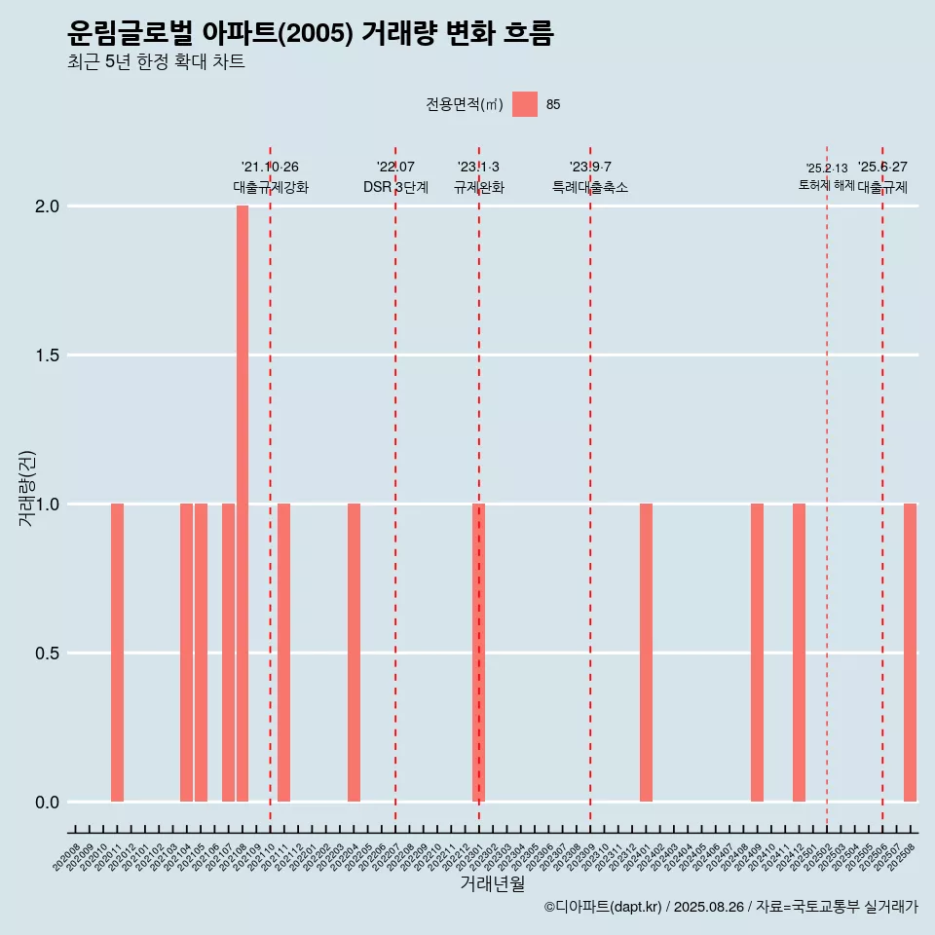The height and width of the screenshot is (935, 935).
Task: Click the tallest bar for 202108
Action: click(x=243, y=504)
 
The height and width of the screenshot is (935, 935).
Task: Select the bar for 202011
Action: click(x=117, y=653)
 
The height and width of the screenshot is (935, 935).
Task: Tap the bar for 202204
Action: click(x=354, y=653)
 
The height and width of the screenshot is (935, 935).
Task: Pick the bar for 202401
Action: click(x=646, y=653)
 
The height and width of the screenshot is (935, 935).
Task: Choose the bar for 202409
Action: click(x=757, y=653)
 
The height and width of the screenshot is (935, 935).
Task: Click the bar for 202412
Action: click(x=799, y=653)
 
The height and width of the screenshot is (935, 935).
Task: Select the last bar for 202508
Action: click(x=910, y=653)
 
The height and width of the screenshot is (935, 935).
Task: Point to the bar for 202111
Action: click(x=284, y=653)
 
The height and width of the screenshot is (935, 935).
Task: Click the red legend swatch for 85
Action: click(x=525, y=104)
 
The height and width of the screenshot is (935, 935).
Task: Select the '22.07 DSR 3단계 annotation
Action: click(x=395, y=177)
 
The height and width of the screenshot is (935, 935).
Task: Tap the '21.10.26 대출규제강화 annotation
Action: click(x=270, y=177)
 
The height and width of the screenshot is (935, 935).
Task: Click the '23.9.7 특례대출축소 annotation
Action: click(x=590, y=177)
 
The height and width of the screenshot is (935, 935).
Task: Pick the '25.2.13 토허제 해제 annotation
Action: click(x=827, y=176)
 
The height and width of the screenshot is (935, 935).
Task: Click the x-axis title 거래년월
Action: click(x=492, y=884)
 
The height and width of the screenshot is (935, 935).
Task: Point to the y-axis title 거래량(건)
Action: click(x=27, y=488)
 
